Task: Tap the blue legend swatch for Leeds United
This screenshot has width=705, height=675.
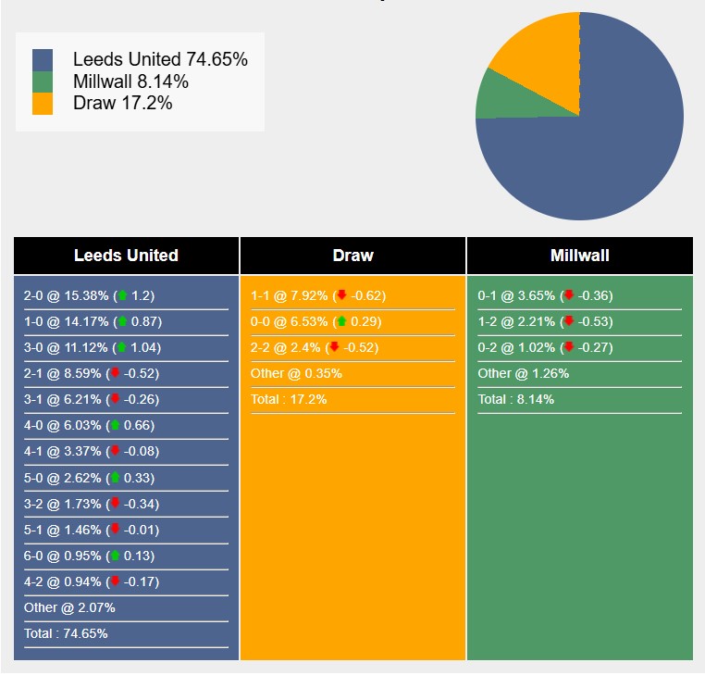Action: [43, 60]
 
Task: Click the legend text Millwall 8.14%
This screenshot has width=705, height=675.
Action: [130, 81]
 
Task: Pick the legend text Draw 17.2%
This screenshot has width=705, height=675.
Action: [123, 103]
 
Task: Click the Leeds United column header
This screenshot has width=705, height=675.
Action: [126, 256]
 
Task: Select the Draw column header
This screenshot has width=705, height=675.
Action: [352, 256]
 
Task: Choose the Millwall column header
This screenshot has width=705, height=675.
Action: [579, 256]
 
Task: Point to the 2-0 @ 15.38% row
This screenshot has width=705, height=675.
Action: [89, 296]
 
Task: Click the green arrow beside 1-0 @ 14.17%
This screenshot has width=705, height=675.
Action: [122, 322]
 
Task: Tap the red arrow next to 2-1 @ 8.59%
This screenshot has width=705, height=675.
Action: [115, 374]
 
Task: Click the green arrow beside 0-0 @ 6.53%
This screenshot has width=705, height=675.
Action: [341, 322]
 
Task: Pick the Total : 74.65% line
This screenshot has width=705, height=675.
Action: [66, 634]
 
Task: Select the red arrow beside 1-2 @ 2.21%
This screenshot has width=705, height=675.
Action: [569, 322]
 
